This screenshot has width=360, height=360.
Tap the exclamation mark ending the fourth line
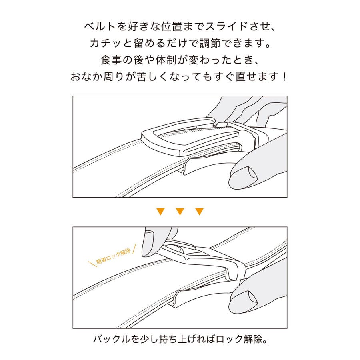285,76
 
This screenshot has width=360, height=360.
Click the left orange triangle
160,211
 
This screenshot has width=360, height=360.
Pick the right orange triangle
199,211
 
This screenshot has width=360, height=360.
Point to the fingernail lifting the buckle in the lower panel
150,234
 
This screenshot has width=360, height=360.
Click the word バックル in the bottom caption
110,339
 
